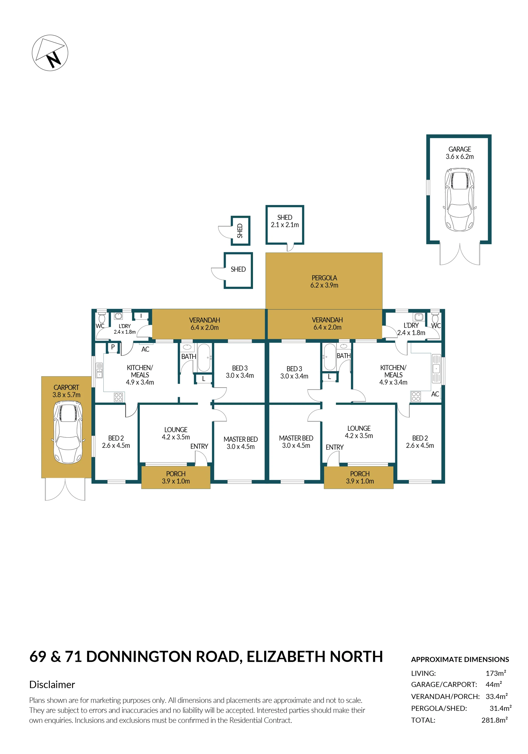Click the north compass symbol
click(x=50, y=53)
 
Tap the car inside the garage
click(x=459, y=200)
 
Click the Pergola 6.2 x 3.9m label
click(x=324, y=281)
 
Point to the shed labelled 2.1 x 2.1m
click(x=285, y=225)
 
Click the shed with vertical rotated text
click(x=240, y=231)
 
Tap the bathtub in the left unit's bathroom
click(x=204, y=358)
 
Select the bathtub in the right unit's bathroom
click(x=330, y=357)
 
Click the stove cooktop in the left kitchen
click(x=118, y=397)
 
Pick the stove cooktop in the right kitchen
click(x=416, y=396)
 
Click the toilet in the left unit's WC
click(x=102, y=317)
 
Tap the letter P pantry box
click(x=113, y=347)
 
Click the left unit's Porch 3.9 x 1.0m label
click(x=176, y=478)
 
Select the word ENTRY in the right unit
click(x=335, y=447)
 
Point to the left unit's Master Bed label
click(x=241, y=443)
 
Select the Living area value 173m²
click(x=496, y=673)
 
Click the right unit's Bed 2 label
click(x=420, y=442)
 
